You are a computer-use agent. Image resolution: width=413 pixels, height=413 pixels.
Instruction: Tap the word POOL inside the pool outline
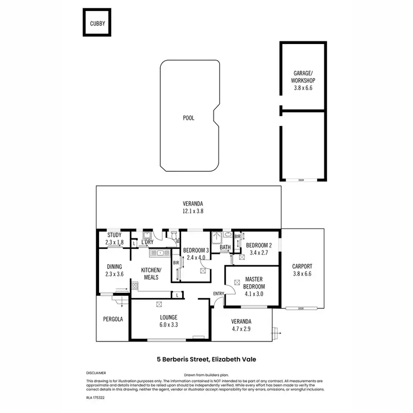click(188, 118)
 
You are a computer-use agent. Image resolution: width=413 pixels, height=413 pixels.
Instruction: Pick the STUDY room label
click(114, 235)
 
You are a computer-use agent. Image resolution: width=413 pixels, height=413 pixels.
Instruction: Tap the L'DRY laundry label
click(147, 242)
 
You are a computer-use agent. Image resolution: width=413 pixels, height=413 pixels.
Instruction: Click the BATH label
click(225, 248)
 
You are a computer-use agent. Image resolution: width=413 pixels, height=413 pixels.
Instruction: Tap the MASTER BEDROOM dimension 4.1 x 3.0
click(254, 294)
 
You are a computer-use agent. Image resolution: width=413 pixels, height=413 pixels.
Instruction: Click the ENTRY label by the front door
click(219, 294)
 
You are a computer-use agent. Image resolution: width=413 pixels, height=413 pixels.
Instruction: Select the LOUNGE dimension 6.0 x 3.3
click(169, 324)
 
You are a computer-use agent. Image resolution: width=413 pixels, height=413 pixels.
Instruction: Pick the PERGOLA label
click(113, 319)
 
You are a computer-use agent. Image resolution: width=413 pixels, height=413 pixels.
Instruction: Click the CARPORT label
click(302, 267)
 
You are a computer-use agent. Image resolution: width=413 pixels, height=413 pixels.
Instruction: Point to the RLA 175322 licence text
click(95, 397)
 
